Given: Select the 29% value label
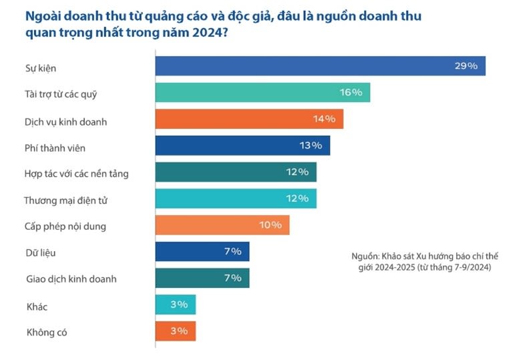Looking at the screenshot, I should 466,66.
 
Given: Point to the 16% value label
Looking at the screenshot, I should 351,93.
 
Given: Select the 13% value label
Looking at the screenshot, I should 311,146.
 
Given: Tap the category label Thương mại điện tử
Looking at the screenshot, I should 63,200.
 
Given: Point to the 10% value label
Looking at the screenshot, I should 271,225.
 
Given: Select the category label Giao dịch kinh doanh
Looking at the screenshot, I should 70,279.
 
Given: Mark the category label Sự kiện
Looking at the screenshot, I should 38,69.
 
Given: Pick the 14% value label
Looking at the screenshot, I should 324,120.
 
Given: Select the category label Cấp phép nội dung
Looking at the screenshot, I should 65,226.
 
